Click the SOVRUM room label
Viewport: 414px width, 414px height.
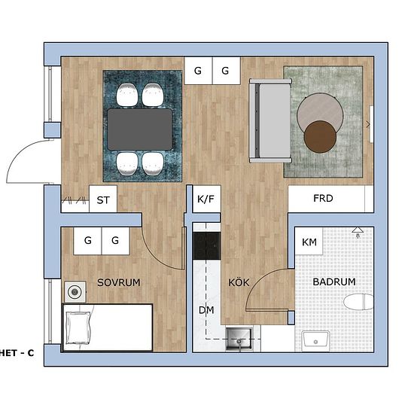[119, 282]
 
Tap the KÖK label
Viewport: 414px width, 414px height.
[239, 282]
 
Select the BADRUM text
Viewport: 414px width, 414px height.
[334, 282]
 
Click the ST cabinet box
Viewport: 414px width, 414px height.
[103, 199]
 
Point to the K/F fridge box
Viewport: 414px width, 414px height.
[206, 199]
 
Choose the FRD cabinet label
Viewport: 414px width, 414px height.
[323, 198]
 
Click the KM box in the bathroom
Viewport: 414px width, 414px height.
[309, 241]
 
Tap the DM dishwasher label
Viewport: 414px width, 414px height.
[206, 310]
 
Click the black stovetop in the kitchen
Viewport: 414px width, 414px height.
[207, 246]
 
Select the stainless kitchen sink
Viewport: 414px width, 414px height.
[239, 339]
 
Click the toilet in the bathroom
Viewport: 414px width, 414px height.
[358, 303]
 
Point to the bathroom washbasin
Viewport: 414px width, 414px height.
[315, 340]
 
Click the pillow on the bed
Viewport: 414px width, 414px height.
[78, 328]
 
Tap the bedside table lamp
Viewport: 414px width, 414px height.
[75, 292]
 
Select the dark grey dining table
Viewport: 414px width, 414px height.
[140, 129]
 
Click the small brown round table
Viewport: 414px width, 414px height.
[320, 137]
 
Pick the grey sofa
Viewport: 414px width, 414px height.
[270, 120]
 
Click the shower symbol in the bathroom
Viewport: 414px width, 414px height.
[358, 232]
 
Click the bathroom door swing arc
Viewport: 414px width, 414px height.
[261, 277]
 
